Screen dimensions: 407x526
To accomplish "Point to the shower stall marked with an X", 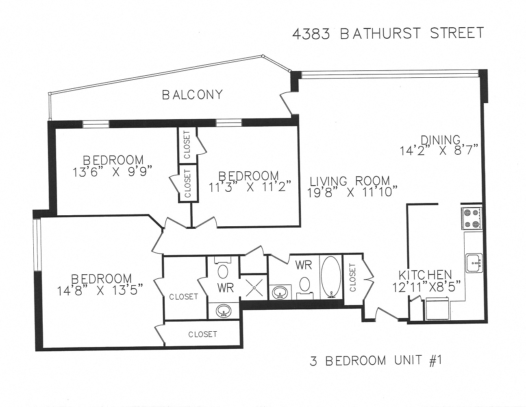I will tap(254, 287).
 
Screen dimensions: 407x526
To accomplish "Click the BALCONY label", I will tap(193, 95).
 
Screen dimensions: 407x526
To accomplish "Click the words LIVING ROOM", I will tap(350, 180).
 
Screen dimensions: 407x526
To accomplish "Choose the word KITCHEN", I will tap(425, 275).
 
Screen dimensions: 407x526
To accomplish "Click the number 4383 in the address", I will tap(311, 34).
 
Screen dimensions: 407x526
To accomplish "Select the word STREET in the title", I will tap(457, 33).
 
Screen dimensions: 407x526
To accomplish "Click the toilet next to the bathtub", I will tap(304, 285).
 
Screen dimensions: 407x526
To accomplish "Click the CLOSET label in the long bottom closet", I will tap(202, 334).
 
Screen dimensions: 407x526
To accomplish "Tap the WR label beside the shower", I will tap(225, 287).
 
